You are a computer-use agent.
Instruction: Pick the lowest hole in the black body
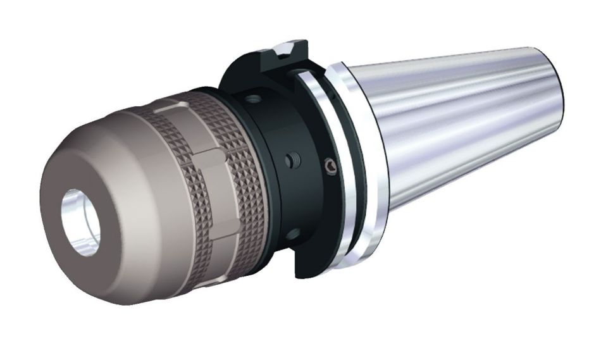[292, 234]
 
